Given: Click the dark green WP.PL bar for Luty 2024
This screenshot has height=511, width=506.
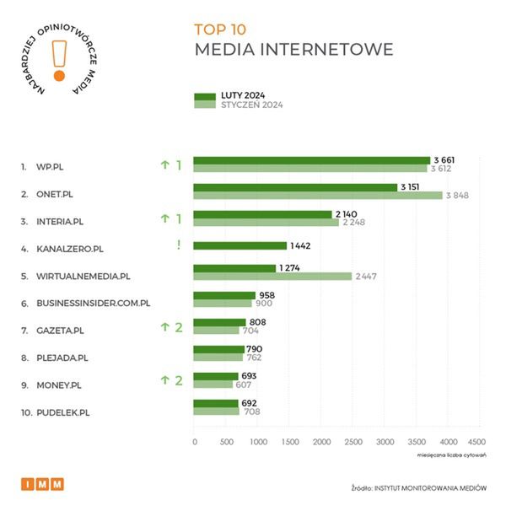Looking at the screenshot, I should click(x=312, y=160).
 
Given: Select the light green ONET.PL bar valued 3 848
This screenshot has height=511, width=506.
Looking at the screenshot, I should click(x=318, y=196).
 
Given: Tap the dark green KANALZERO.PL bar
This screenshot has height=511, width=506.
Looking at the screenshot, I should click(x=240, y=245).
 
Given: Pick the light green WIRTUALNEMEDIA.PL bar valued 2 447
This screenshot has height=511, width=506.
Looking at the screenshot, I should click(x=272, y=276).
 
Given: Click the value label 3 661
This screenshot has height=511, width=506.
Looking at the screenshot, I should click(x=444, y=160).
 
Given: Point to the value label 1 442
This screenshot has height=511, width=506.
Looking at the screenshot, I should click(x=301, y=245).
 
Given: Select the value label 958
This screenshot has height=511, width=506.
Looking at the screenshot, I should click(x=266, y=295).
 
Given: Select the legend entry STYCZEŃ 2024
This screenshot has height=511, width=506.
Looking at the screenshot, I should click(x=251, y=105).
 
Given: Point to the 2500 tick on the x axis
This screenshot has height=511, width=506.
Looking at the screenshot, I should click(x=353, y=441).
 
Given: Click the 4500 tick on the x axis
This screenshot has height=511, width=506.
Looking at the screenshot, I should click(x=476, y=441).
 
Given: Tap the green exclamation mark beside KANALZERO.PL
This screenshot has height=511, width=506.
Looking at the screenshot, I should click(x=178, y=245).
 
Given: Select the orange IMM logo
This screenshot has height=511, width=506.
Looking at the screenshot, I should click(x=42, y=484).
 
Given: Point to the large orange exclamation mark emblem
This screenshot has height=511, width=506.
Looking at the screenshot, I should click(x=58, y=59).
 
